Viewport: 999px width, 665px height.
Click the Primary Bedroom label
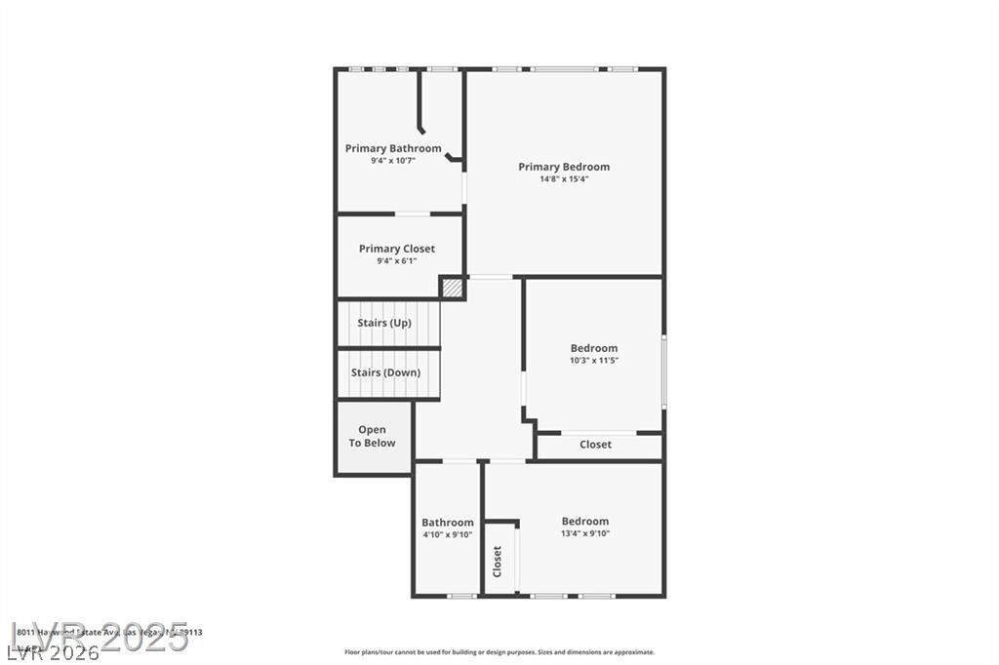pyautogui.click(x=564, y=167)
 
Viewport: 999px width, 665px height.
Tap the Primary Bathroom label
pyautogui.click(x=393, y=148)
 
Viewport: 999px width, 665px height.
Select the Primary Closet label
pyautogui.click(x=396, y=249)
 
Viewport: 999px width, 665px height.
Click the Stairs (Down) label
pyautogui.click(x=385, y=372)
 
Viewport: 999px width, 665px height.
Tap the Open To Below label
pyautogui.click(x=372, y=436)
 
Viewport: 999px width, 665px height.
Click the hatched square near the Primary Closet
pyautogui.click(x=452, y=289)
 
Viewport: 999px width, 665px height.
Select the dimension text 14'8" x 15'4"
pyautogui.click(x=564, y=179)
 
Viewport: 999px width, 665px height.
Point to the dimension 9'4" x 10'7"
pyautogui.click(x=393, y=161)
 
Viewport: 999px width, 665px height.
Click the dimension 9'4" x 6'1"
pyautogui.click(x=396, y=260)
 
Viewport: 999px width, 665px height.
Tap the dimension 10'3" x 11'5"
pyautogui.click(x=594, y=361)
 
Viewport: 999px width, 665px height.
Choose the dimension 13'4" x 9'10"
pyautogui.click(x=585, y=533)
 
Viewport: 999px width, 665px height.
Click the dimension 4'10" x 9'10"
pyautogui.click(x=448, y=534)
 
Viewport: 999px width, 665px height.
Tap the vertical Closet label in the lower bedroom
pyautogui.click(x=497, y=562)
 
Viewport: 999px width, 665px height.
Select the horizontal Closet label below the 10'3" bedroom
pyautogui.click(x=595, y=445)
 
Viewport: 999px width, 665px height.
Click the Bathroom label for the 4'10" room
pyautogui.click(x=448, y=523)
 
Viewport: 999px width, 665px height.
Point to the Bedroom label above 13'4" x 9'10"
pyautogui.click(x=585, y=521)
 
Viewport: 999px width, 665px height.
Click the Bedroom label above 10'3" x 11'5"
pyautogui.click(x=594, y=348)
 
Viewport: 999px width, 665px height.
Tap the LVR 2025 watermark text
pyautogui.click(x=98, y=634)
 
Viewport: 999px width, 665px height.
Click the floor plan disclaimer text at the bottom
pyautogui.click(x=499, y=652)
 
